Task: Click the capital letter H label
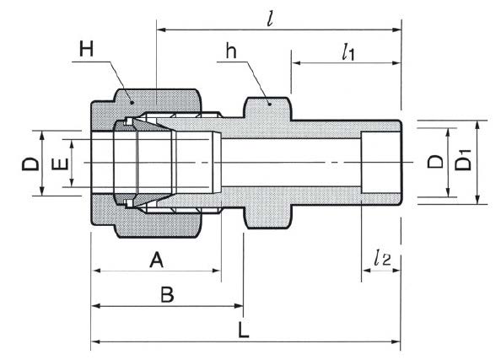(86, 50)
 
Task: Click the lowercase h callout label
(231, 51)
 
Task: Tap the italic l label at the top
(270, 19)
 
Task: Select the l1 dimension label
(348, 52)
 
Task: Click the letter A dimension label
(157, 260)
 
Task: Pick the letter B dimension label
(167, 294)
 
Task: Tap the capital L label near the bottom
(244, 330)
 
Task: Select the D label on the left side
(30, 164)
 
